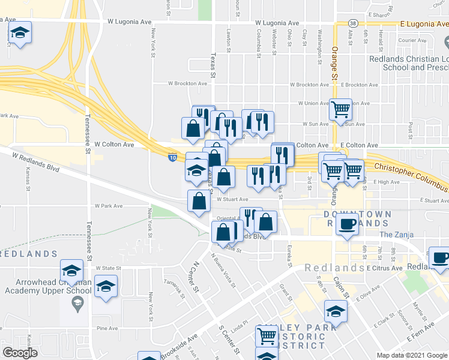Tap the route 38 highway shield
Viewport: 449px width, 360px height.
[353, 23]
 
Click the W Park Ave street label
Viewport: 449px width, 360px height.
[108, 206]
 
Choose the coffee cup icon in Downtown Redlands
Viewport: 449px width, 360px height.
[347, 224]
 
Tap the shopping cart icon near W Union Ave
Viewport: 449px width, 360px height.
[340, 109]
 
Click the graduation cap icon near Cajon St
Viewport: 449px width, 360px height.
[336, 311]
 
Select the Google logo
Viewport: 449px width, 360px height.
[20, 353]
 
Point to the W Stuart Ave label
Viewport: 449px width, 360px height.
[232, 199]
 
